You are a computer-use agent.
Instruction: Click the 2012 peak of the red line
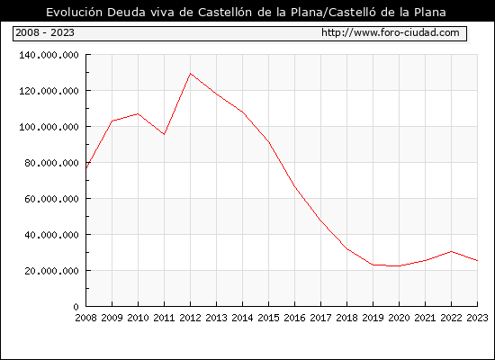(191, 74)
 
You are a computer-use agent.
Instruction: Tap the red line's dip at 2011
(164, 134)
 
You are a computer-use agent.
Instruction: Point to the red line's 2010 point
(138, 113)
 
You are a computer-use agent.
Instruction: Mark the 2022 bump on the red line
(452, 251)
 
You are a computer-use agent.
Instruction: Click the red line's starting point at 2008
(86, 168)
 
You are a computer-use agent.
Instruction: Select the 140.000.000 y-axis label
(49, 55)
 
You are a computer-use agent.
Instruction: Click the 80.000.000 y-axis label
(52, 163)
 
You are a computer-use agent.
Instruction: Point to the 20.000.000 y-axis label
(52, 271)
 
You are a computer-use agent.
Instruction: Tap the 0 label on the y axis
(76, 307)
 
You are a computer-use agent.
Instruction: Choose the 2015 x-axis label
(269, 318)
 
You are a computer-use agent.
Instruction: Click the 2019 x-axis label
(373, 318)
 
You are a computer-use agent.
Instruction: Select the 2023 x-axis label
(477, 318)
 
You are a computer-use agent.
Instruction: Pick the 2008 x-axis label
(85, 318)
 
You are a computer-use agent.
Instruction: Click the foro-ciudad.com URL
(391, 32)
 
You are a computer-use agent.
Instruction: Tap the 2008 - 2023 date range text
(45, 32)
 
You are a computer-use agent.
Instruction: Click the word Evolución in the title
(74, 12)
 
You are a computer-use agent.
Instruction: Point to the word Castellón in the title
(225, 12)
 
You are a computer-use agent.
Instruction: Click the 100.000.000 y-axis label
(49, 127)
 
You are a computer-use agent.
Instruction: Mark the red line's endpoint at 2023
(477, 260)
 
